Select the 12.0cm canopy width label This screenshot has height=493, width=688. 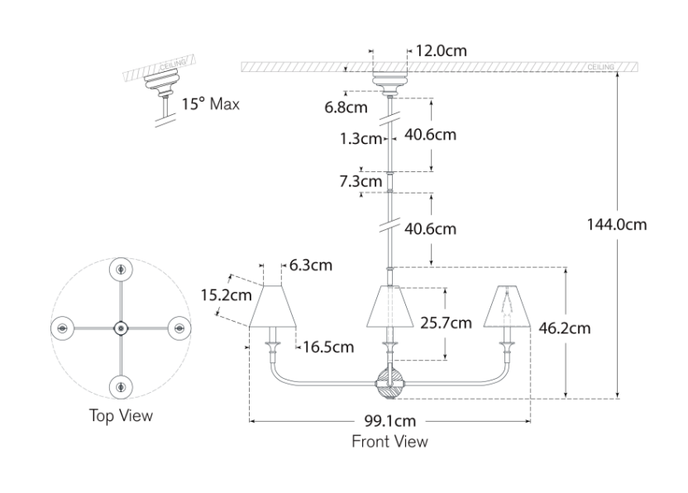[x=441, y=50]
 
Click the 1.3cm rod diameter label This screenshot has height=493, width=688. [x=360, y=138]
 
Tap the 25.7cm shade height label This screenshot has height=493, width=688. [x=446, y=323]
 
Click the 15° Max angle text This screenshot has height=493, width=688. [x=211, y=104]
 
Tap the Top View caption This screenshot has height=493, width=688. [x=121, y=415]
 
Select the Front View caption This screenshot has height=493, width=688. [x=390, y=441]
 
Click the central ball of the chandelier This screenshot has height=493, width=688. [x=389, y=382]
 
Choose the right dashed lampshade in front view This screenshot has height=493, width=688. [x=505, y=306]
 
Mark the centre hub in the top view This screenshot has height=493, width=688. [x=121, y=328]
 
